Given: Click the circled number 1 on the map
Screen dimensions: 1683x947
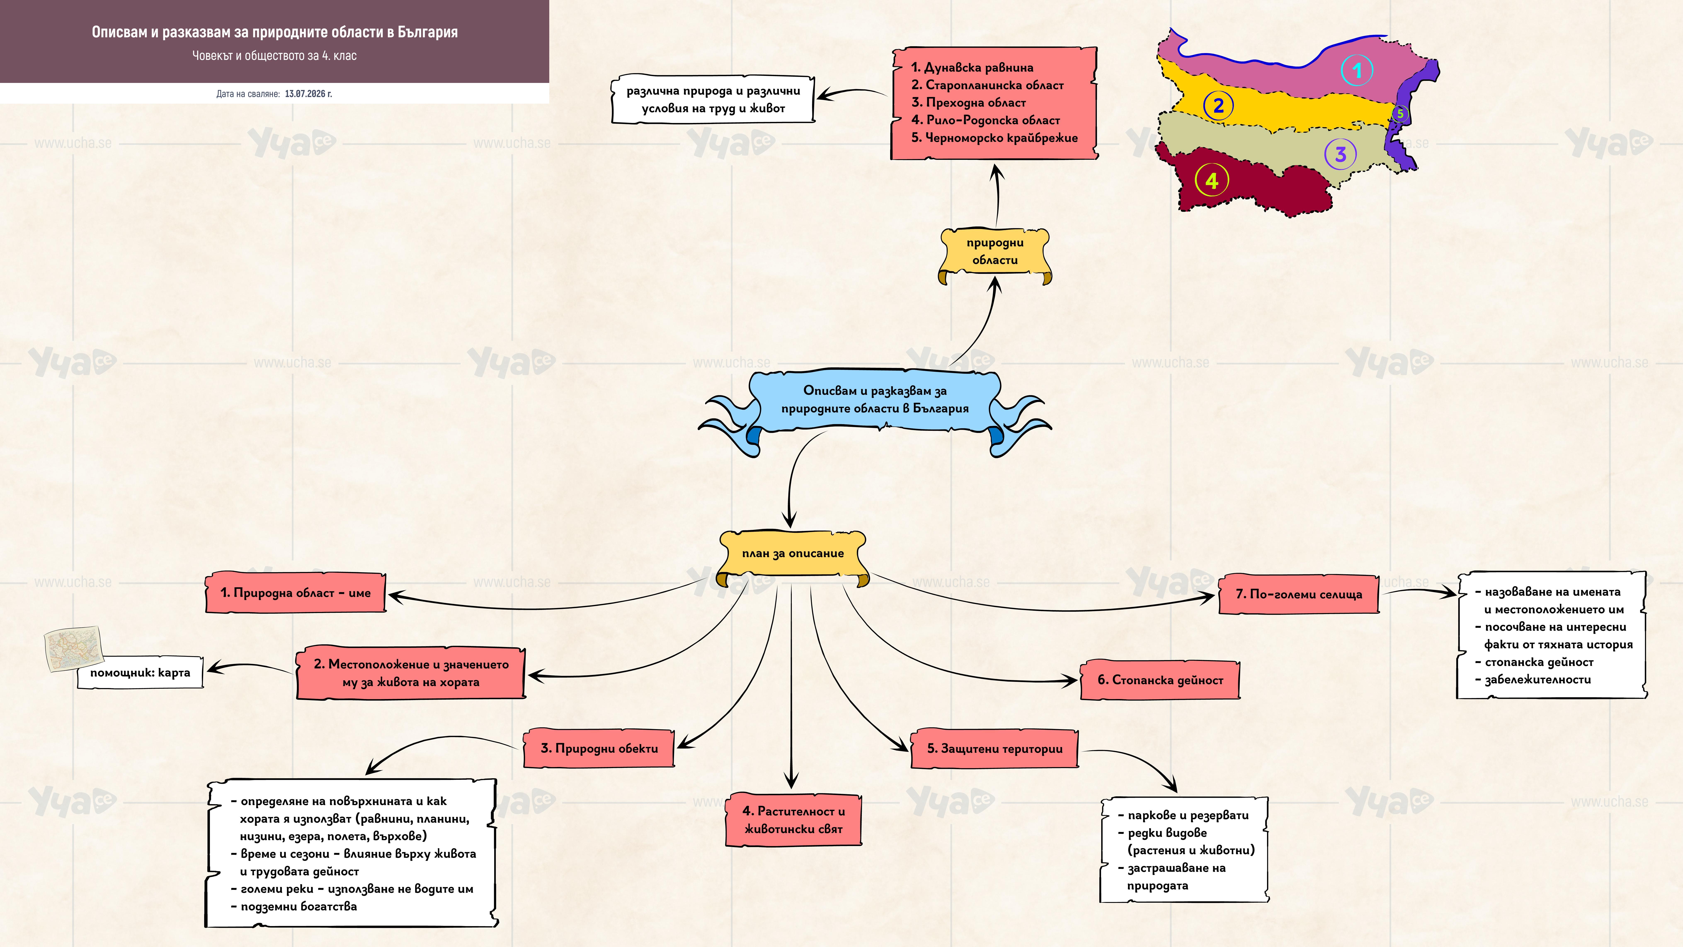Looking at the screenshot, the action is pyautogui.click(x=1357, y=70).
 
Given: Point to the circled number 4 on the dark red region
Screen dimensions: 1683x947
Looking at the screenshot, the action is pyautogui.click(x=1211, y=180).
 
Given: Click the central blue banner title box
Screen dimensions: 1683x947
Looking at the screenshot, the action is pyautogui.click(x=875, y=400).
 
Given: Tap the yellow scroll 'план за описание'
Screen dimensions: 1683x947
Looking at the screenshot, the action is pyautogui.click(x=793, y=557).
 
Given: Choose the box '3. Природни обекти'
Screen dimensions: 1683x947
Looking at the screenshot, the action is pyautogui.click(x=599, y=748).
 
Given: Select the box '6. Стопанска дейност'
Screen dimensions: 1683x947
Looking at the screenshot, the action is pyautogui.click(x=1160, y=680).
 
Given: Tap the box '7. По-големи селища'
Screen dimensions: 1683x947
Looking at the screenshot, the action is pyautogui.click(x=1299, y=594).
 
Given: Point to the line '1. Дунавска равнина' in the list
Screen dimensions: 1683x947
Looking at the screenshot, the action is pyautogui.click(x=972, y=67).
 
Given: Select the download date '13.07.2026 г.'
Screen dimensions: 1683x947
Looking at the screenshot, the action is pyautogui.click(x=308, y=93).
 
